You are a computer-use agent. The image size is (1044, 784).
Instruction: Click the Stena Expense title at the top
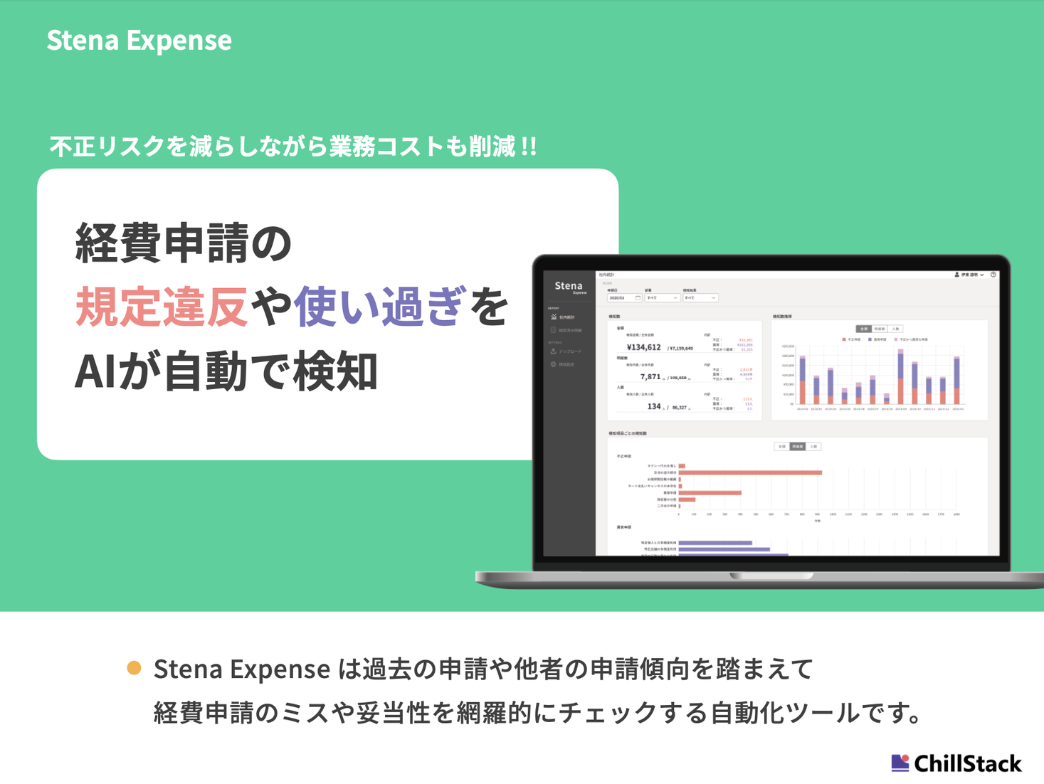pos(139,40)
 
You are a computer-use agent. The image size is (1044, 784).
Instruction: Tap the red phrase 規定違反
pos(162,307)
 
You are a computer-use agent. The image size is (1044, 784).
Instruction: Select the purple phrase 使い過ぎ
pos(380,307)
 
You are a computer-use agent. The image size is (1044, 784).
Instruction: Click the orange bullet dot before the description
pos(134,667)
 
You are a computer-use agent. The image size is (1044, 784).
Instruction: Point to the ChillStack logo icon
pos(900,763)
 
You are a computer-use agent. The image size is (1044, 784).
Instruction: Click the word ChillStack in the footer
pos(967,763)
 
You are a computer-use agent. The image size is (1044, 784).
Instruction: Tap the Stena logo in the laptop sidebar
pos(569,286)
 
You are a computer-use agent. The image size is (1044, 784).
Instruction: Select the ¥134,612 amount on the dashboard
pos(644,347)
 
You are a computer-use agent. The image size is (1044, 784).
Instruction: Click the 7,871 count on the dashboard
pos(650,377)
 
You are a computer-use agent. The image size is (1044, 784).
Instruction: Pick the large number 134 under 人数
pos(653,406)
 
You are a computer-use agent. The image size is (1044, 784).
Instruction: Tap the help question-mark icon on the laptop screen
pos(993,275)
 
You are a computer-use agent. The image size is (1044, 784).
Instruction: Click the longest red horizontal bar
pos(750,472)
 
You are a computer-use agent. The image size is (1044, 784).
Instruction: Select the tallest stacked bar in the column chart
pos(901,378)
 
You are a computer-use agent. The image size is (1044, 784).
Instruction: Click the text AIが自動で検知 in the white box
pos(226,371)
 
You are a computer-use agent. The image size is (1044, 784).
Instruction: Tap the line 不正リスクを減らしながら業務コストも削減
pos(292,147)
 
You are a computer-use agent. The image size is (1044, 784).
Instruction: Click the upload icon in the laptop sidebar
pos(553,351)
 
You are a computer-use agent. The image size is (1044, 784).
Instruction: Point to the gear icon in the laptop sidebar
pos(553,364)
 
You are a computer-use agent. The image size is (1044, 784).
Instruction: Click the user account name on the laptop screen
pos(969,275)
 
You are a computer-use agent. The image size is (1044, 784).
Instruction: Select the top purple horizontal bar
pos(715,543)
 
